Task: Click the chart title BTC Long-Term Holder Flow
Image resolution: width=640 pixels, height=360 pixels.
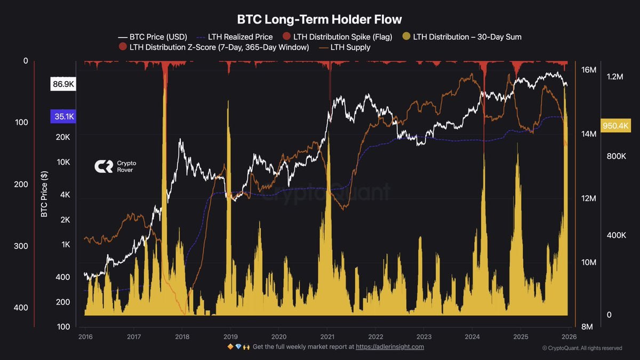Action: pos(319,19)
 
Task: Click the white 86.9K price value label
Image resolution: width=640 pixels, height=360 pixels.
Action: pos(63,84)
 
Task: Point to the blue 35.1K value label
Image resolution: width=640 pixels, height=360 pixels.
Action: pos(63,117)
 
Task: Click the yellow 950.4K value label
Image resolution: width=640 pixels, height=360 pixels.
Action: pos(615,126)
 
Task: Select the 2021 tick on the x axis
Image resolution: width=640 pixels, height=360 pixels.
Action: pos(327,337)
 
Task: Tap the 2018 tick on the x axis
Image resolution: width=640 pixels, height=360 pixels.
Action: pos(182,337)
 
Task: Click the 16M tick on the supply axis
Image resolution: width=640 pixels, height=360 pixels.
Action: pos(588,70)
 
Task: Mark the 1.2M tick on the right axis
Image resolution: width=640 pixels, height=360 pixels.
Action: pos(615,77)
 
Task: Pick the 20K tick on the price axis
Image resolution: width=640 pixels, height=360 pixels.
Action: pos(63,137)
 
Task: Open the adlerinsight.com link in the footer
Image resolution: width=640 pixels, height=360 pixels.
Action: pos(390,347)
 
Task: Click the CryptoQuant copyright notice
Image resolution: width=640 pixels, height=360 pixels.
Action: pos(582,348)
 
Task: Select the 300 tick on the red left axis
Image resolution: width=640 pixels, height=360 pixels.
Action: pos(21,246)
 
